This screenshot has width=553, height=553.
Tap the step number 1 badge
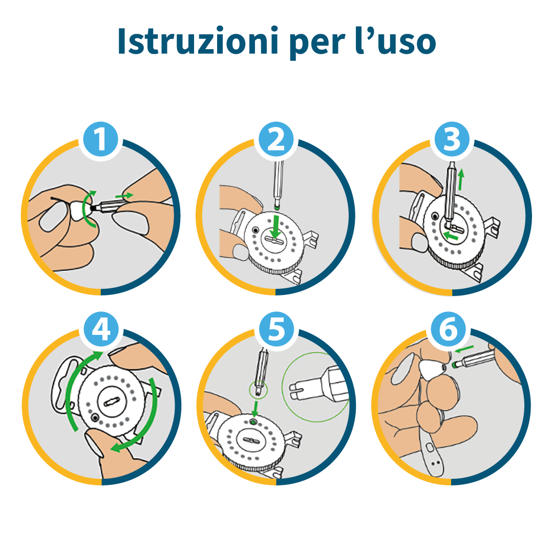tap(101, 139)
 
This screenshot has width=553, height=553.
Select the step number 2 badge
tap(276, 139)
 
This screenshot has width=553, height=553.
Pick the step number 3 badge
tap(452, 139)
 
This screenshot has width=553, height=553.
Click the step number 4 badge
tap(101, 330)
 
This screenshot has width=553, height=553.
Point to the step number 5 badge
tap(276, 330)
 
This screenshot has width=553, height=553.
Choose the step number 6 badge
tap(452, 330)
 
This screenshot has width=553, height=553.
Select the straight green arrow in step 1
tap(124, 195)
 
